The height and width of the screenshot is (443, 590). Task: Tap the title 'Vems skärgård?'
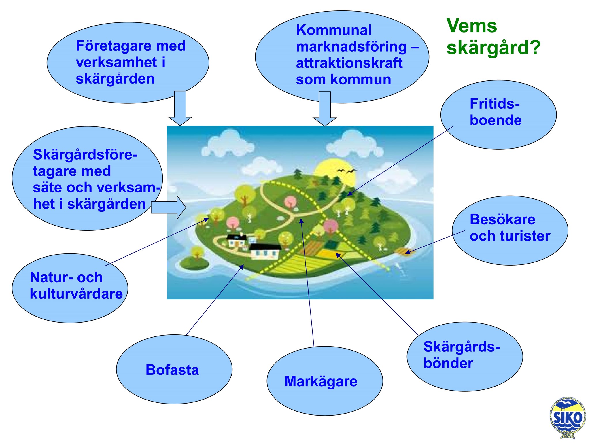(x=493, y=37)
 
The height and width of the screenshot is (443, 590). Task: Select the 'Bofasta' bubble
(x=174, y=369)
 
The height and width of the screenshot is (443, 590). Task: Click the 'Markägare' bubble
(x=325, y=381)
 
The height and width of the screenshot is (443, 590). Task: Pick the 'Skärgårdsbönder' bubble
(x=465, y=357)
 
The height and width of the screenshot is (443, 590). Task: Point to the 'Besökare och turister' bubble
(x=510, y=230)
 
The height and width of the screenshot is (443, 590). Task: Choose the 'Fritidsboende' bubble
(x=498, y=115)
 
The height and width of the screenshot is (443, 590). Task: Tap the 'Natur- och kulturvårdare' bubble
(x=70, y=288)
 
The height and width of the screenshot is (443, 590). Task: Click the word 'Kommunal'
(x=334, y=30)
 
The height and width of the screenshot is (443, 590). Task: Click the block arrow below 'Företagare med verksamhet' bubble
(x=180, y=108)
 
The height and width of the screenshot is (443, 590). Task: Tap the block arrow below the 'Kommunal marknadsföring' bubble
(x=325, y=109)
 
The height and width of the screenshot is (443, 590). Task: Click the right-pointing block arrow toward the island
(x=169, y=207)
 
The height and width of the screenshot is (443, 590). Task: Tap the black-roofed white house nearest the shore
(x=265, y=251)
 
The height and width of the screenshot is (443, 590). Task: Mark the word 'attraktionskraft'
(x=349, y=63)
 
